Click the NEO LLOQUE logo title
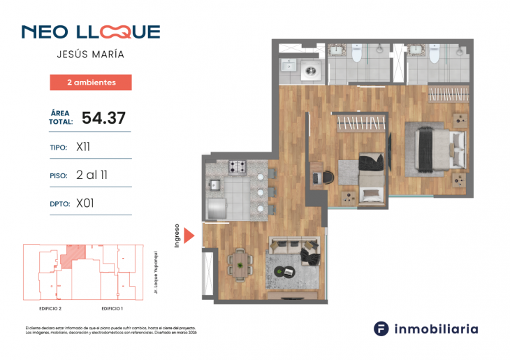pyautogui.click(x=91, y=32)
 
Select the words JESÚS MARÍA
pyautogui.click(x=91, y=55)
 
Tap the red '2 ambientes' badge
pyautogui.click(x=91, y=82)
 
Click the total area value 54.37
pyautogui.click(x=103, y=117)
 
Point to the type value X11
pyautogui.click(x=83, y=147)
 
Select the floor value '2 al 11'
pyautogui.click(x=91, y=175)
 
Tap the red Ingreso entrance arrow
pyautogui.click(x=189, y=236)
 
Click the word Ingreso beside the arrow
pyautogui.click(x=178, y=236)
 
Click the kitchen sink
pyautogui.click(x=214, y=185)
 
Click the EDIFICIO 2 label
pyautogui.click(x=50, y=308)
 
